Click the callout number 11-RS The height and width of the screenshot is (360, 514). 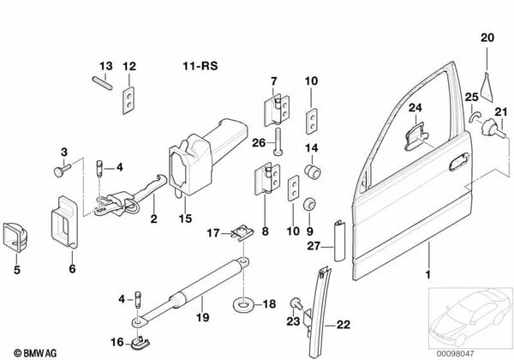click(200, 66)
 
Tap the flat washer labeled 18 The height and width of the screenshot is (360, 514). click(243, 305)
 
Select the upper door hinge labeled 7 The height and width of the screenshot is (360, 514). click(277, 111)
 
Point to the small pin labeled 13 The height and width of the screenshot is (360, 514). click(102, 82)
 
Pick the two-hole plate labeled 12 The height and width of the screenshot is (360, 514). click(128, 100)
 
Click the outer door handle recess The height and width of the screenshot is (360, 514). click(458, 162)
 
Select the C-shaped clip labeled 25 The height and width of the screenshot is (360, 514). click(474, 116)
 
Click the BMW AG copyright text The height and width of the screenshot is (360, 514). click(35, 353)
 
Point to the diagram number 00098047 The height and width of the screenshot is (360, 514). click(455, 354)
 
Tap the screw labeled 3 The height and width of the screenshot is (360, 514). click(63, 171)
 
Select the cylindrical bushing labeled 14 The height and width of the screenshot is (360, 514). click(313, 171)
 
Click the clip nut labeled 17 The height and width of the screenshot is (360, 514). click(242, 233)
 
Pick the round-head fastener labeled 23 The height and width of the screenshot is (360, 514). click(296, 303)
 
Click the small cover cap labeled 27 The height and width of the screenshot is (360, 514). click(339, 240)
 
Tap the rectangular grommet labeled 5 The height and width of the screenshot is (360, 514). click(15, 237)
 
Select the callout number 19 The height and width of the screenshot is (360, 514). click(202, 317)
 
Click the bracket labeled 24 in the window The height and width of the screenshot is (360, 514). click(415, 136)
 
